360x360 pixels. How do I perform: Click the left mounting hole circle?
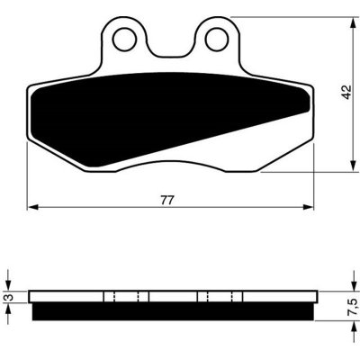pyautogui.click(x=123, y=39)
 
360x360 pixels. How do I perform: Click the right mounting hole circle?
pyautogui.click(x=217, y=39)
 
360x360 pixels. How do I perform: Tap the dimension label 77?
pyautogui.click(x=167, y=201)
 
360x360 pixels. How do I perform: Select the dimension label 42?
pyautogui.click(x=346, y=93)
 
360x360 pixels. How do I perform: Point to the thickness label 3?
pyautogui.click(x=10, y=297)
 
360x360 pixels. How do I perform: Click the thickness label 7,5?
pyautogui.click(x=352, y=307)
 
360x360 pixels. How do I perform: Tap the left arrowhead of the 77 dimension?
pyautogui.click(x=32, y=207)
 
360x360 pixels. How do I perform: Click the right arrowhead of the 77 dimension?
pyautogui.click(x=308, y=207)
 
